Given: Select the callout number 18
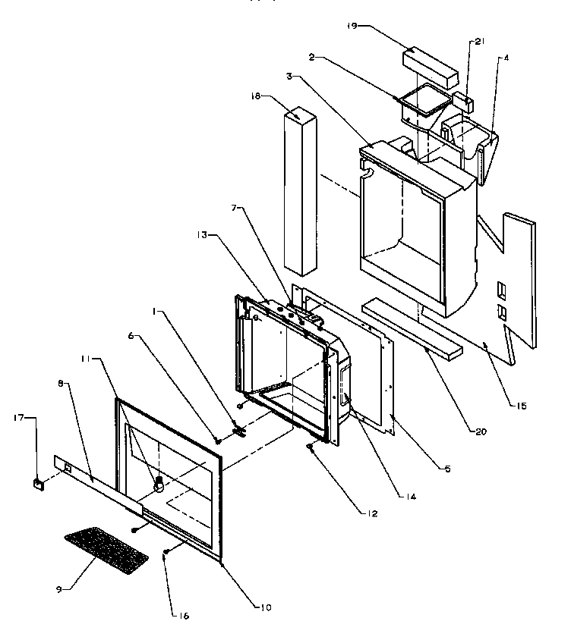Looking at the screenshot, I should click(255, 96).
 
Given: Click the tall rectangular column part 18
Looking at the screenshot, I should click(301, 190).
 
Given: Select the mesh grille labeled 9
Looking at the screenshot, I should click(106, 549).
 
